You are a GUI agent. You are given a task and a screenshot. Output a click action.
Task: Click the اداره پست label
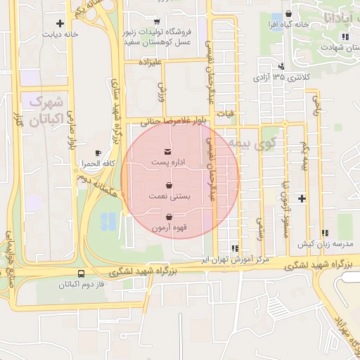pos(168,163)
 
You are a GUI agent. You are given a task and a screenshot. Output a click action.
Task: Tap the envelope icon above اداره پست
pos(167,152)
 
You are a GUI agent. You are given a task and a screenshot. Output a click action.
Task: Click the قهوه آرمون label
pos(169,228)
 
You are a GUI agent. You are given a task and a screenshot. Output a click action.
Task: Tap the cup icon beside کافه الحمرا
pos(98,153)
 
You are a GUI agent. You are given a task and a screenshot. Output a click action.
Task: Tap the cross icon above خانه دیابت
pos(69,23)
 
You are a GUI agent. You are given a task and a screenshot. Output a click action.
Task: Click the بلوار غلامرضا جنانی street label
pos(167,121)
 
